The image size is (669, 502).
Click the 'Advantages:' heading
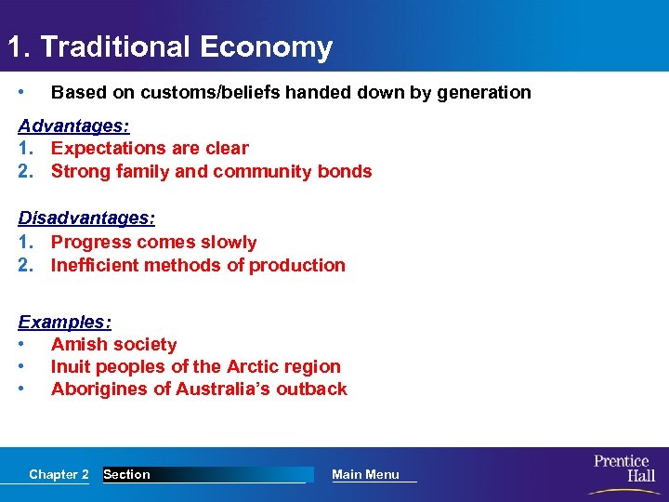click(x=73, y=125)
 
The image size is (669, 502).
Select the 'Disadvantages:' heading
click(x=86, y=218)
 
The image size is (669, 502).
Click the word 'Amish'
click(x=78, y=344)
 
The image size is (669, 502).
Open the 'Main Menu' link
click(x=365, y=474)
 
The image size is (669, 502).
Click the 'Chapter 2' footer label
click(x=59, y=474)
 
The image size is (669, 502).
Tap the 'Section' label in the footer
click(x=126, y=474)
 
